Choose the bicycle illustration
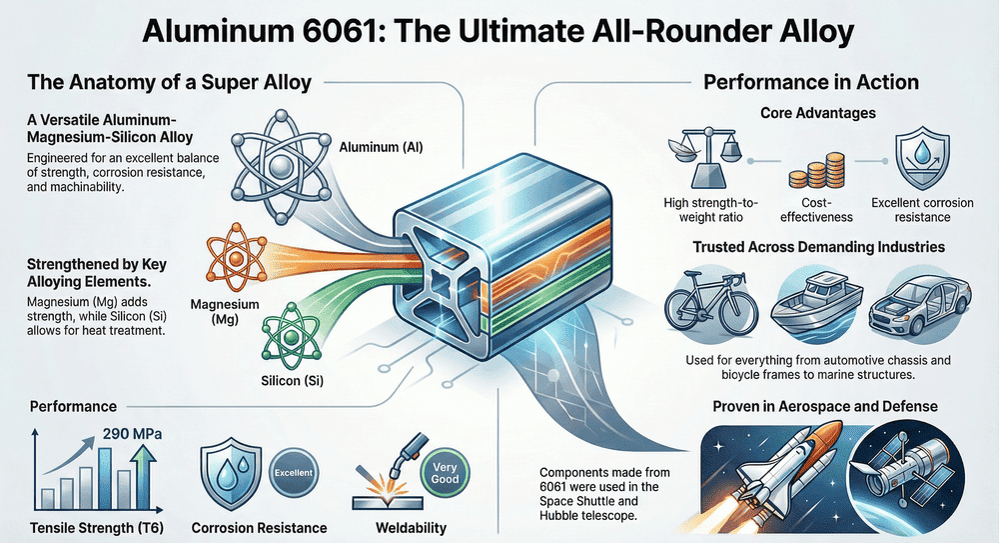(705, 298)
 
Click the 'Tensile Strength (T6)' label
(84, 527)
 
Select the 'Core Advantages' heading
(811, 113)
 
